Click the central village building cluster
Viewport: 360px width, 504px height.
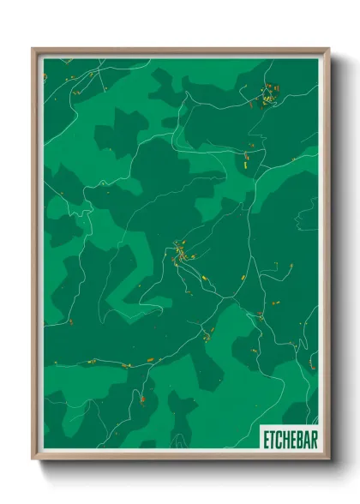(x=181, y=253)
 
